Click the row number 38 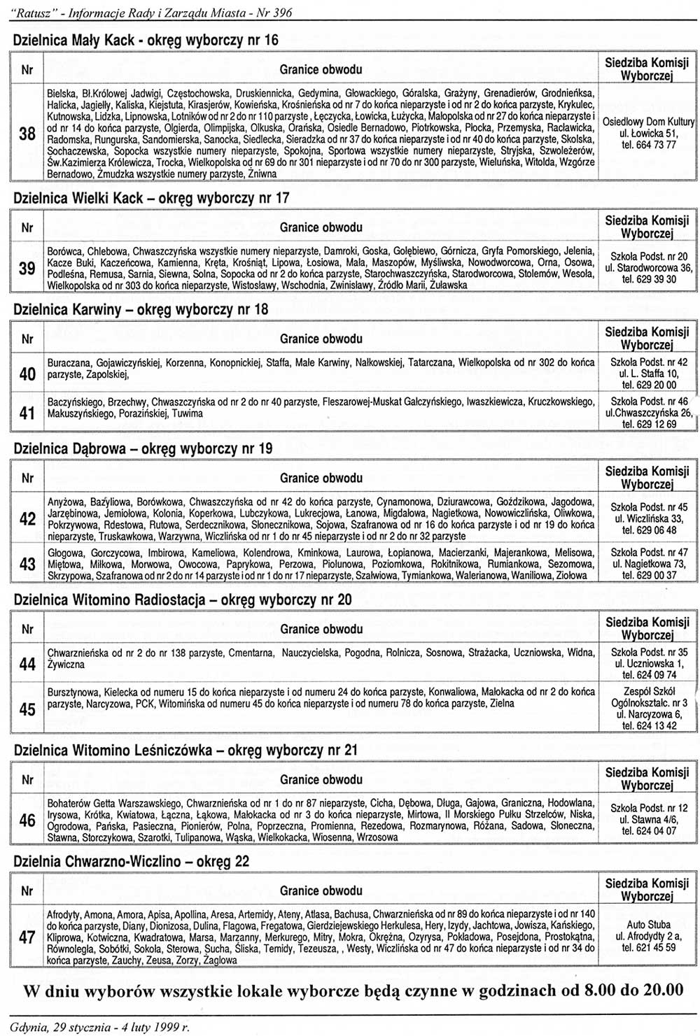pyautogui.click(x=27, y=133)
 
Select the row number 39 pyautogui.click(x=27, y=267)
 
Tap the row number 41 pyautogui.click(x=27, y=413)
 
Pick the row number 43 pyautogui.click(x=27, y=565)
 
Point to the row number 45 pyautogui.click(x=27, y=709)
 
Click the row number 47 pyautogui.click(x=27, y=937)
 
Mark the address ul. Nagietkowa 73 pyautogui.click(x=648, y=564)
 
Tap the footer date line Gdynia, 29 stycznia pyautogui.click(x=99, y=1027)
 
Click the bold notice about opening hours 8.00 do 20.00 pyautogui.click(x=353, y=991)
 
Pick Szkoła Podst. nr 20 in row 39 pyautogui.click(x=648, y=256)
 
